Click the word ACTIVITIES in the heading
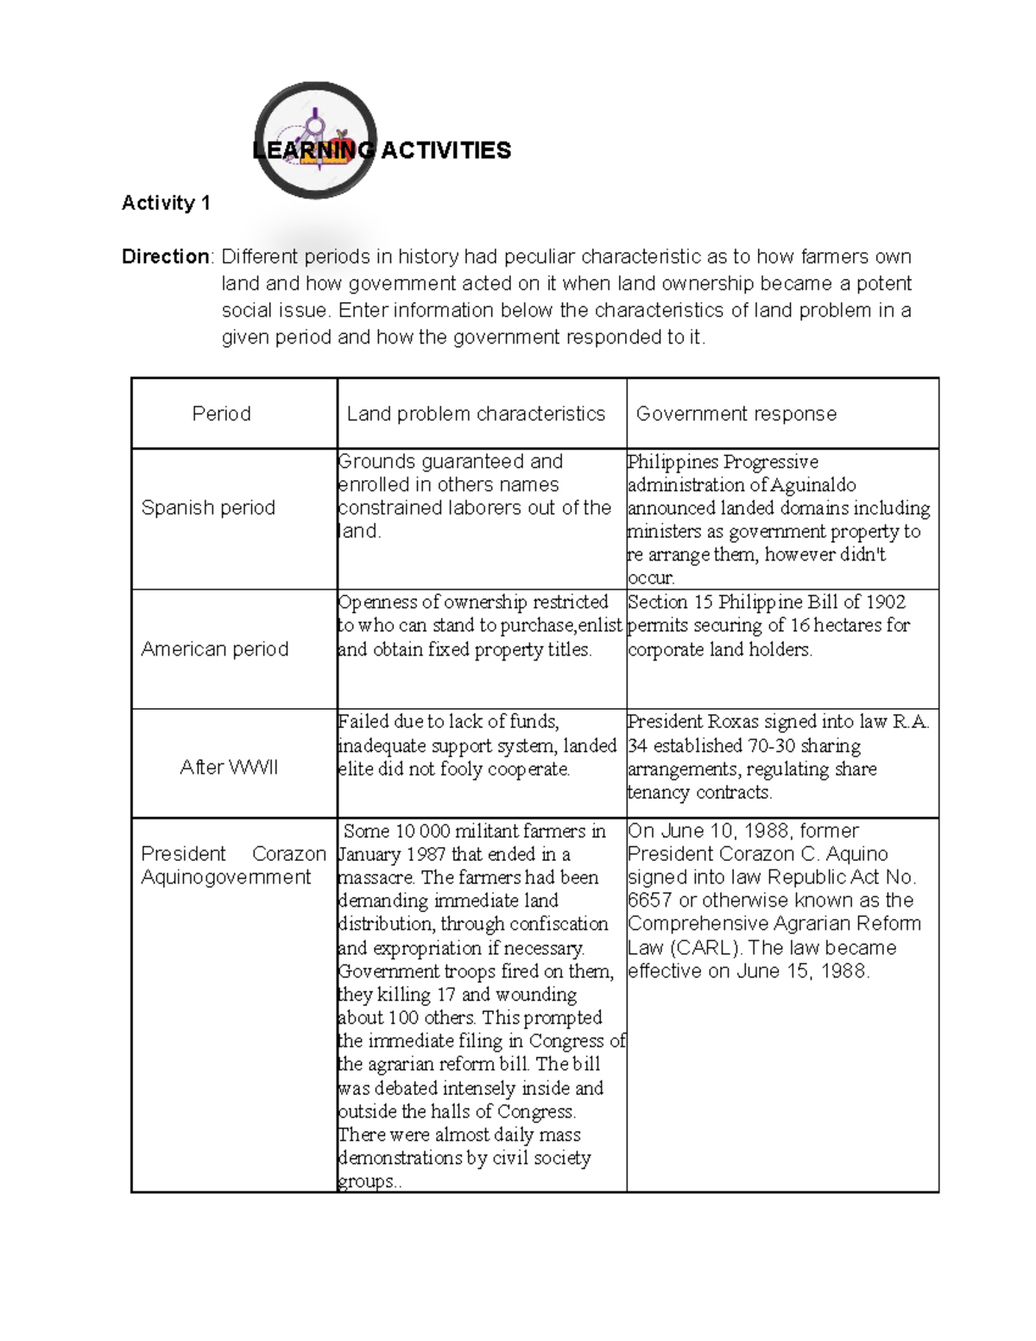click(x=446, y=150)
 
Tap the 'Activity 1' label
click(x=166, y=203)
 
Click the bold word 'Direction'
click(x=165, y=256)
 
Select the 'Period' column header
click(x=221, y=414)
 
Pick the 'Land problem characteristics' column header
click(x=476, y=414)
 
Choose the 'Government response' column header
click(x=736, y=414)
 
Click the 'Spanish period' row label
click(x=208, y=508)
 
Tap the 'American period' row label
click(x=215, y=649)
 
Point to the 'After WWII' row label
click(x=229, y=768)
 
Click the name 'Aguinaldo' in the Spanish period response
click(x=814, y=485)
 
